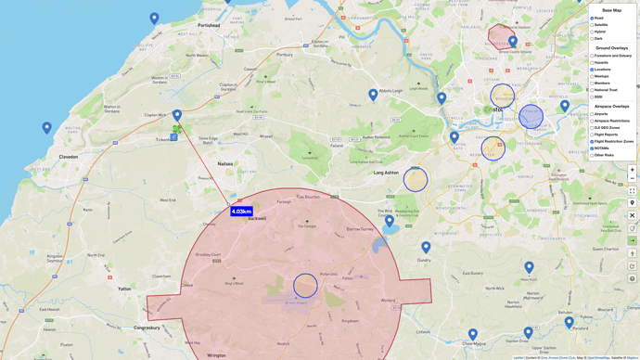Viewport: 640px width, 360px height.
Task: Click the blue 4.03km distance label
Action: coord(241,212)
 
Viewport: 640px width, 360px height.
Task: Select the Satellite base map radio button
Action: coord(592,25)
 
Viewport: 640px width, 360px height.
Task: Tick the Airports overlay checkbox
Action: coord(592,114)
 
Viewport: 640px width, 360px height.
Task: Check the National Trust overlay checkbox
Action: coord(592,90)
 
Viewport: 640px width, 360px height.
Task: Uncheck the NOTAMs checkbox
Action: coord(592,148)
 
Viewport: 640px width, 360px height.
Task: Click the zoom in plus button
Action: coord(633,170)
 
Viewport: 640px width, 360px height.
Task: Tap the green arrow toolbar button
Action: coord(633,240)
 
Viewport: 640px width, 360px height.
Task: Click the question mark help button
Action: coord(633,228)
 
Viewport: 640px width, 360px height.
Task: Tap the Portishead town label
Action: coord(209,26)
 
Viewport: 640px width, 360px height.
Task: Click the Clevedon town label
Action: coord(69,157)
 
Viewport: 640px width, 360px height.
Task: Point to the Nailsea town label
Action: coord(225,164)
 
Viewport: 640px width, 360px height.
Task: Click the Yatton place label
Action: coord(124,289)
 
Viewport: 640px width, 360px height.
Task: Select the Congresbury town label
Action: coord(147,328)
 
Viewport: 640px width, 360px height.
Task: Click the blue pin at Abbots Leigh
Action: coord(373,94)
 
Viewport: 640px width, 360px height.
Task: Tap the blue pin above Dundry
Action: coord(426,247)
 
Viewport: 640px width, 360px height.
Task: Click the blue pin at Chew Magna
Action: coord(473,334)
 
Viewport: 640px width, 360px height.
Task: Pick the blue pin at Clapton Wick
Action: coord(177,116)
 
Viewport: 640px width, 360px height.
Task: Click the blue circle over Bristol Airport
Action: coord(305,286)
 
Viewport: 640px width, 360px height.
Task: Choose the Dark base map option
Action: coord(592,39)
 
